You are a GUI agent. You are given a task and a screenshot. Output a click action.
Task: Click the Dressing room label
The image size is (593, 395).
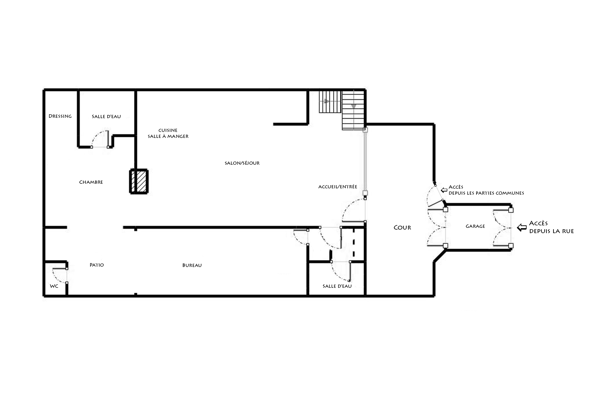pyautogui.click(x=60, y=116)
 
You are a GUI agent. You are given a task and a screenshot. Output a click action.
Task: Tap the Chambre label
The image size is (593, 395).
pyautogui.click(x=91, y=182)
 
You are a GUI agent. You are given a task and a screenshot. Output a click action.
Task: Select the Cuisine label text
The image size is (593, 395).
pyautogui.click(x=168, y=130)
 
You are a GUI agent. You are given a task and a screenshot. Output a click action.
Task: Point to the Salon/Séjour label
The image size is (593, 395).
pyautogui.click(x=242, y=163)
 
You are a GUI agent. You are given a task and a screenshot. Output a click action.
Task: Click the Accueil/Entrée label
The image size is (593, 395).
pyautogui.click(x=337, y=187)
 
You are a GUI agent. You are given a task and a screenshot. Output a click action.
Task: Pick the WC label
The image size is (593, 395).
pyautogui.click(x=54, y=286)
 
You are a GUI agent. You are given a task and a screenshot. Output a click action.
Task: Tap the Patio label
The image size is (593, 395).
pyautogui.click(x=97, y=265)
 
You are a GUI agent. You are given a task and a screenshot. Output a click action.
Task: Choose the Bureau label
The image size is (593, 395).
pyautogui.click(x=192, y=265)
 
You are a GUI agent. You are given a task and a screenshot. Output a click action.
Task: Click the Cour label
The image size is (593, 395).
pyautogui.click(x=402, y=227)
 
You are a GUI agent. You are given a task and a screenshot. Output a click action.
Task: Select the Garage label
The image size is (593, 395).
pyautogui.click(x=475, y=226)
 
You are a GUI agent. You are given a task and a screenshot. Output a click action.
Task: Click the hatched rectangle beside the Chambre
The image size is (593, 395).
pyautogui.click(x=139, y=182)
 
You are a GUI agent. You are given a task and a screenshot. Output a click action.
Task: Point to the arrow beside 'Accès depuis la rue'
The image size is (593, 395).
pyautogui.click(x=522, y=227)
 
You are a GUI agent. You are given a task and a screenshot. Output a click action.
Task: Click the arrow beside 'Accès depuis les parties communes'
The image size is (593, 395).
pyautogui.click(x=444, y=190)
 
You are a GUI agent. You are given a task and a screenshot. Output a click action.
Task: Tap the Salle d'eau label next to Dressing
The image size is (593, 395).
pyautogui.click(x=106, y=116)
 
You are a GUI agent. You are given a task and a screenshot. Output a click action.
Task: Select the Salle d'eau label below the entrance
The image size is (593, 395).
pyautogui.click(x=337, y=286)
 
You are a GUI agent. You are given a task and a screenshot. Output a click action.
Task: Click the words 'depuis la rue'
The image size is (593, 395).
pyautogui.click(x=551, y=231)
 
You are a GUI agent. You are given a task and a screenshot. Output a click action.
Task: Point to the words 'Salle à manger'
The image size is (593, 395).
pyautogui.click(x=168, y=136)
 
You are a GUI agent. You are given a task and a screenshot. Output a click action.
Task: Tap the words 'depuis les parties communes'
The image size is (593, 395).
pyautogui.click(x=486, y=193)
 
